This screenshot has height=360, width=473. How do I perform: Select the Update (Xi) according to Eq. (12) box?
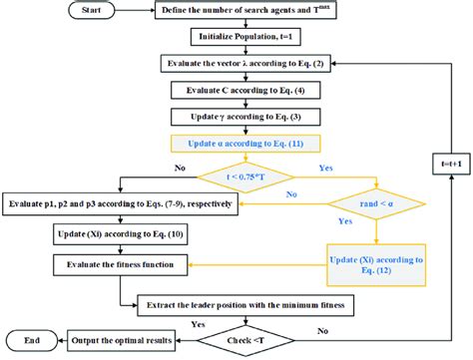pyautogui.click(x=378, y=262)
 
